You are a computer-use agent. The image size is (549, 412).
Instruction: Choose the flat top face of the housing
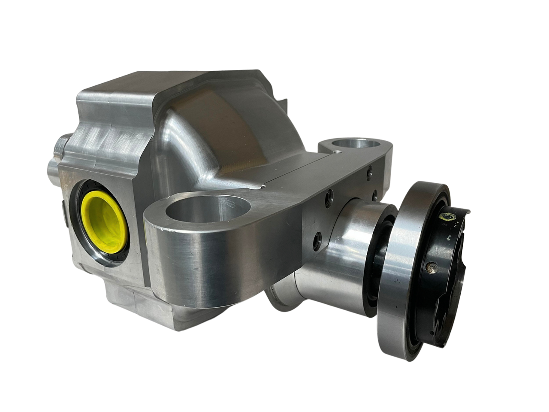pyautogui.click(x=129, y=86)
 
